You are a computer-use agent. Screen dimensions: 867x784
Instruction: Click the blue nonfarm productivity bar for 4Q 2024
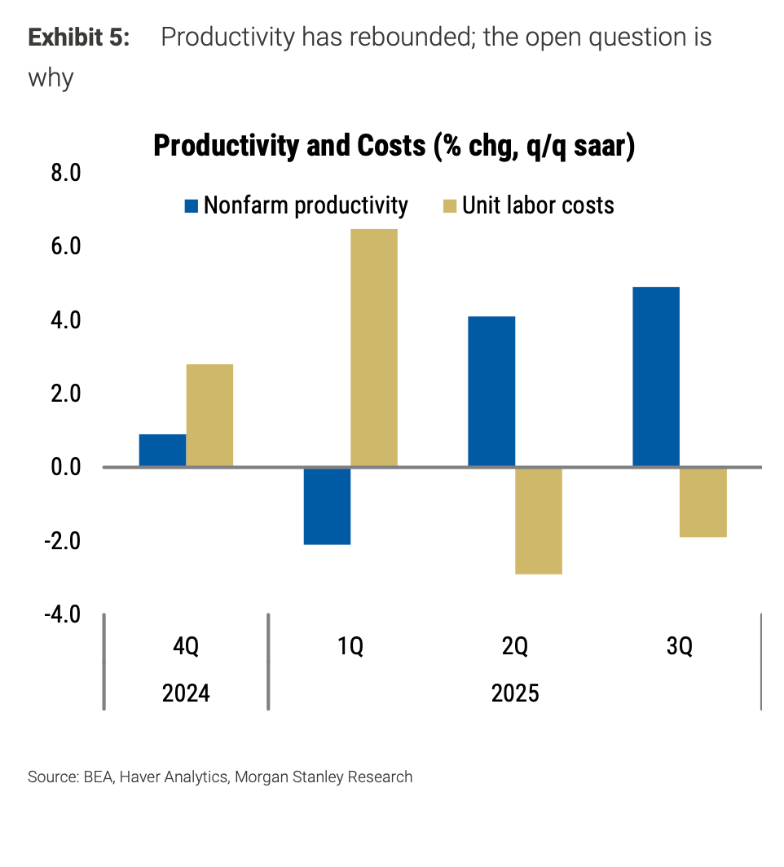(162, 451)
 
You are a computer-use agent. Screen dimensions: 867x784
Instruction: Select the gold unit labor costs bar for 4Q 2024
(209, 416)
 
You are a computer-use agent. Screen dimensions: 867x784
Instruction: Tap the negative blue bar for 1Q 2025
(327, 506)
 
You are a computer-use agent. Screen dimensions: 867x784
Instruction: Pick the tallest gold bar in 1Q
(374, 348)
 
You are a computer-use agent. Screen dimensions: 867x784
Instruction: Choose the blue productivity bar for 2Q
(491, 391)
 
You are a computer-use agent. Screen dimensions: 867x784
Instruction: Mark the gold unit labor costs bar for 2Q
(539, 521)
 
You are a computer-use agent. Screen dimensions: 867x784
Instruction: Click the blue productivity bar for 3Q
(656, 376)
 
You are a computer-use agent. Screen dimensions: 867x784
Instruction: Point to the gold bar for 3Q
(703, 502)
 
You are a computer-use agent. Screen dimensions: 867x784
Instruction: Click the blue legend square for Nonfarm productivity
(192, 206)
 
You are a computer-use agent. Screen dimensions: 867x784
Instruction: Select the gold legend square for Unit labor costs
(450, 206)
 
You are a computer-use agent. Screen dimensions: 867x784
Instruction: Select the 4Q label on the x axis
(186, 648)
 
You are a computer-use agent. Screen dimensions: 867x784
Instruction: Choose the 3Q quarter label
(679, 648)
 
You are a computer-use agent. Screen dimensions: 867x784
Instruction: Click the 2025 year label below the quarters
(514, 693)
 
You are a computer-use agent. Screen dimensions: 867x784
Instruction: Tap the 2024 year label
(186, 693)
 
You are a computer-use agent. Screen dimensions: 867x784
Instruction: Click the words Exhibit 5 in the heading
(79, 37)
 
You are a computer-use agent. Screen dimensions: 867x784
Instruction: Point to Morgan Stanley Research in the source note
(324, 777)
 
